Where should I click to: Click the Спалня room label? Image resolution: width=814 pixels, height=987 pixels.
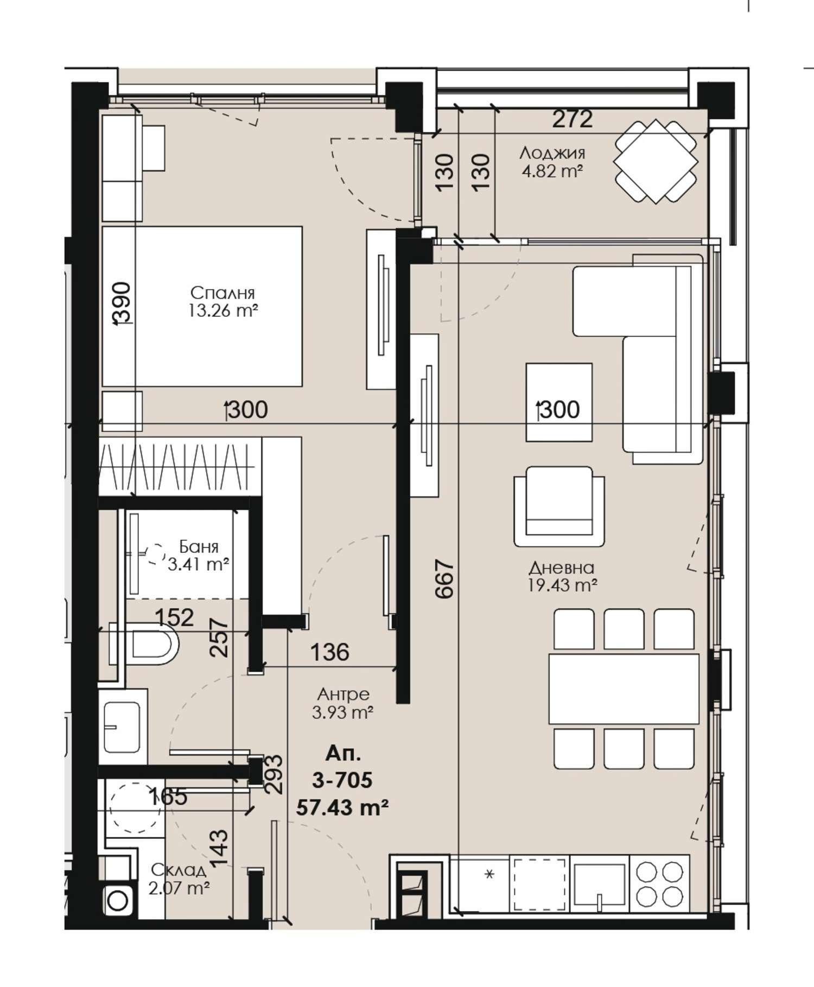[222, 293]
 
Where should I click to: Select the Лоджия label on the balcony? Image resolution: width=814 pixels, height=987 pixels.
[552, 153]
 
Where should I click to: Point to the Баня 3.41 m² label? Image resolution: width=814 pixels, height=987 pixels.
[198, 555]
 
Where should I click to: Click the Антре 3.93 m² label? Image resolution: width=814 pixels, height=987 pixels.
[343, 703]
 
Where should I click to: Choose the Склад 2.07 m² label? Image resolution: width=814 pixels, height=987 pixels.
[179, 879]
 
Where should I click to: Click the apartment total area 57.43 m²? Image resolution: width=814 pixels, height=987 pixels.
[342, 808]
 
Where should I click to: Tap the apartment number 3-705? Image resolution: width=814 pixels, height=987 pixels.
[342, 780]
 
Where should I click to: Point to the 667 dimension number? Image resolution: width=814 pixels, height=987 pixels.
[444, 579]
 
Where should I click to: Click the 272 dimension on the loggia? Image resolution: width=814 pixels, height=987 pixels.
[573, 119]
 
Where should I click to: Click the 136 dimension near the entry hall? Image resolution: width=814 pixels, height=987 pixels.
[329, 652]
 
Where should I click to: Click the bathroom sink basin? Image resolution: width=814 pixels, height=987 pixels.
[122, 727]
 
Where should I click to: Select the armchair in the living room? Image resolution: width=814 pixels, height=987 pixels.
[559, 506]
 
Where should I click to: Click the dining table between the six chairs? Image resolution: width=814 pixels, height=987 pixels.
[624, 689]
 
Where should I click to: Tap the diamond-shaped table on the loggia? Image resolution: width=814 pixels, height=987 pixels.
[656, 161]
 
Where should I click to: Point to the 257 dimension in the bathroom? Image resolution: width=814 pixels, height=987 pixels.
[219, 638]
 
